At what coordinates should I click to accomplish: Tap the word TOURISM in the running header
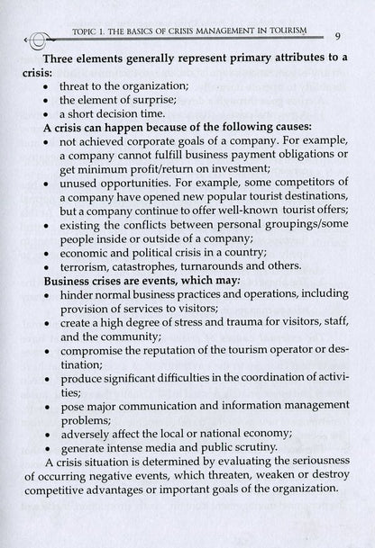click(278, 31)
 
